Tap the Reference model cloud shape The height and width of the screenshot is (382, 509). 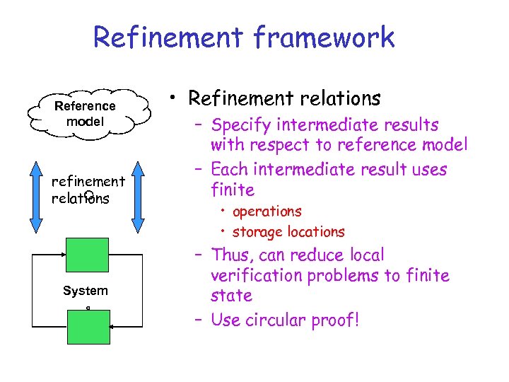(86, 113)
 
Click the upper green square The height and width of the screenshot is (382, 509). (87, 255)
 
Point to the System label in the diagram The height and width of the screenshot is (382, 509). (86, 291)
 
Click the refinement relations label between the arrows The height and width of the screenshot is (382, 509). (88, 190)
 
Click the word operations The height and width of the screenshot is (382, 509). (267, 212)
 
